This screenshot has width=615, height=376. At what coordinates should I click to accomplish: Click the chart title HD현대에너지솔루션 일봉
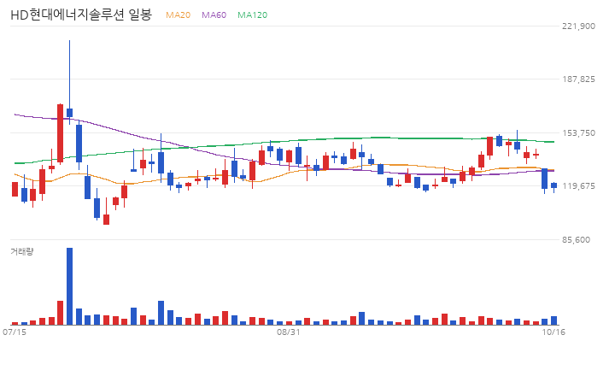pos(81,15)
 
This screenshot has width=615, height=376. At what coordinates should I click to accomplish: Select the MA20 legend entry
pos(178,15)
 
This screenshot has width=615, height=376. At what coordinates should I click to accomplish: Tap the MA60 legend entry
pos(214,15)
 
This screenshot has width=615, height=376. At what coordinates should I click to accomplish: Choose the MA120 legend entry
pos(252,15)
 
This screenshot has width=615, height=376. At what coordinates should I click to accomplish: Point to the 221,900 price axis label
pos(578,26)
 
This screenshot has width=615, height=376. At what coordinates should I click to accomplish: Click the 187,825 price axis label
pos(578,79)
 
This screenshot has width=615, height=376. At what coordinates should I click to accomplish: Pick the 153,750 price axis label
pos(578,133)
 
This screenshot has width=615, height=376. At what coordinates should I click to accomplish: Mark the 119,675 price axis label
pos(578,186)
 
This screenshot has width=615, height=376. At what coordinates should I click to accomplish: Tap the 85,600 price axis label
pos(576,240)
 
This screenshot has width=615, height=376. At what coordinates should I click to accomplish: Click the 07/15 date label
pos(15,332)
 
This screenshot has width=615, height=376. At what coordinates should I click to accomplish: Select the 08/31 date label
pos(289,332)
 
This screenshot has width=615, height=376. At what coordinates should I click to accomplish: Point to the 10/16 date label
pos(553,332)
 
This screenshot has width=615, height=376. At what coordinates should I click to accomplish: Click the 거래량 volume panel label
pos(22,251)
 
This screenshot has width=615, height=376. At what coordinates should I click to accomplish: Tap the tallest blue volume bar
pos(69,286)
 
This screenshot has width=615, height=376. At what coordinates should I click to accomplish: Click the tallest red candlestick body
pos(60,133)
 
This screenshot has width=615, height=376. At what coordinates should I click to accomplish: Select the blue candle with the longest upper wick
pos(69,112)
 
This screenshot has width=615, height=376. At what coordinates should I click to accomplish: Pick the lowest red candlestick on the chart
pos(106,220)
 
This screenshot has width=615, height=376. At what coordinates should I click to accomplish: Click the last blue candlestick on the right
pos(553,185)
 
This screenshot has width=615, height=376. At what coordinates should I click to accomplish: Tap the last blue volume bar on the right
pos(553,320)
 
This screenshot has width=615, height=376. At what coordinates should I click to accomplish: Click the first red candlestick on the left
pos(15,189)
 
